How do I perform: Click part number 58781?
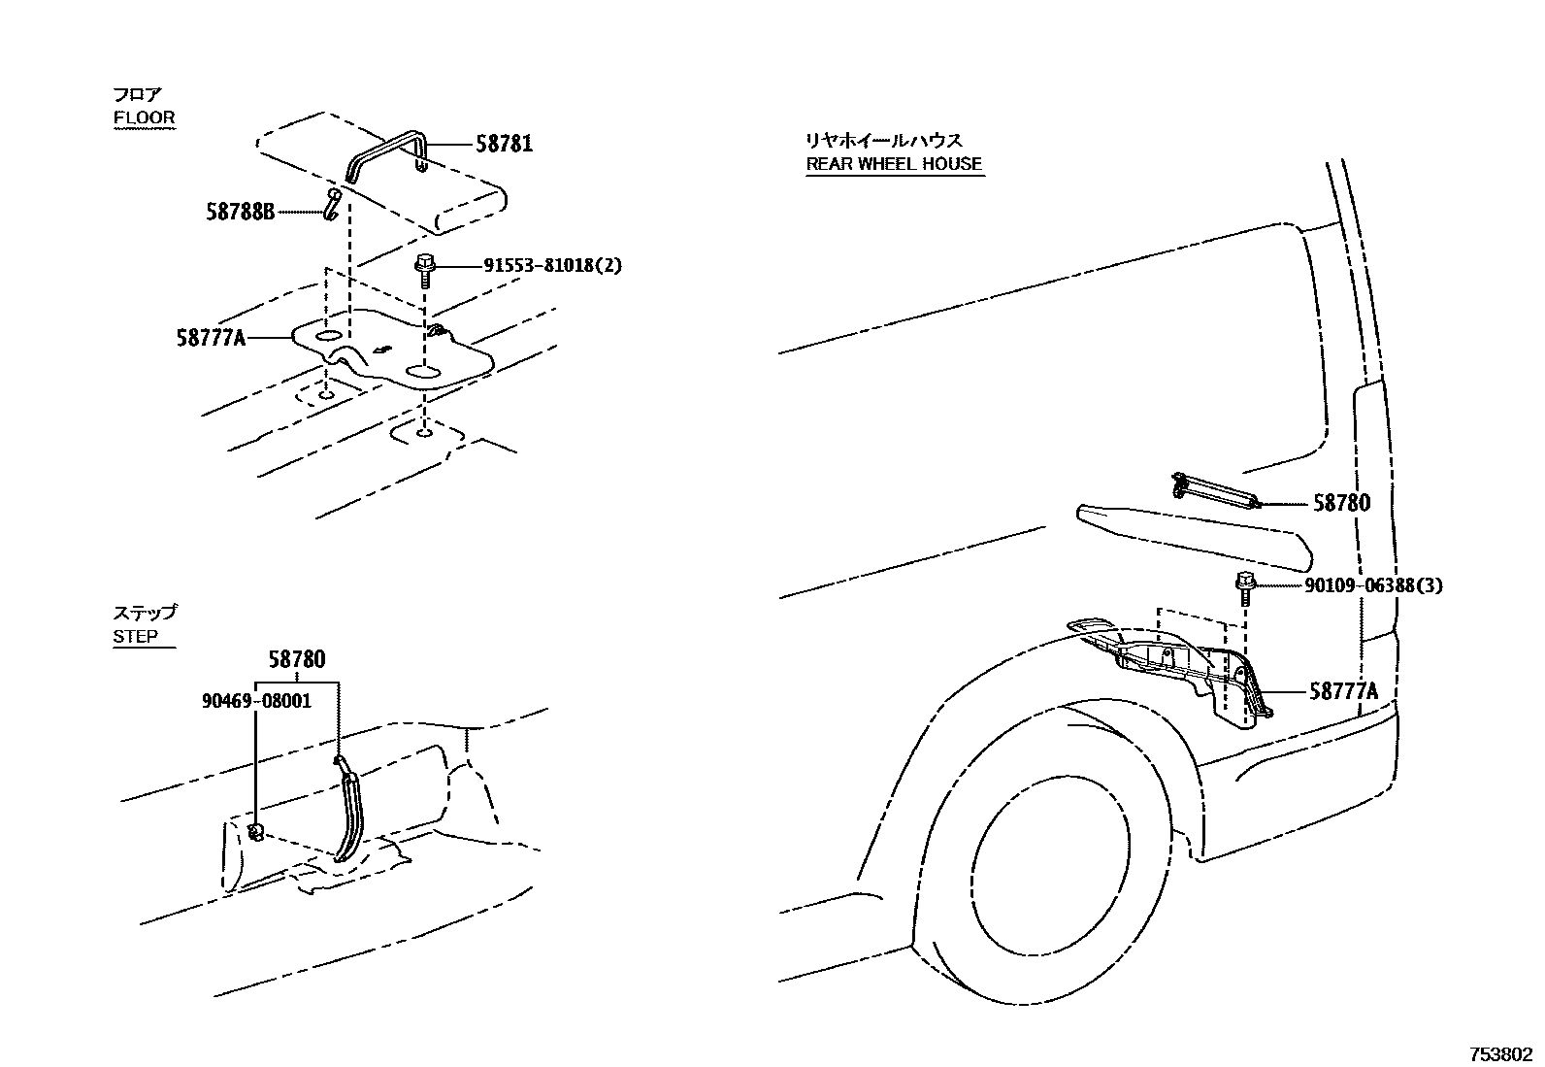[504, 145]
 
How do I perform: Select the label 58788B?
[240, 210]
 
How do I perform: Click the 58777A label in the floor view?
[211, 338]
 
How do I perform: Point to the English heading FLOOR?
[145, 117]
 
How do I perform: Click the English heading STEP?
[136, 636]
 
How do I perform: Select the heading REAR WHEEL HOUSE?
[894, 164]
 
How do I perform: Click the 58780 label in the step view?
[297, 659]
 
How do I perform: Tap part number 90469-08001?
[256, 700]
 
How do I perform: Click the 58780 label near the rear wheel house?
[1342, 503]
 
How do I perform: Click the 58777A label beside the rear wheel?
[1343, 691]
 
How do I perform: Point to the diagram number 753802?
[1499, 1053]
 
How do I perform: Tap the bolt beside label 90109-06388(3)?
[1245, 587]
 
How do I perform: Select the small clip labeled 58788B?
[332, 205]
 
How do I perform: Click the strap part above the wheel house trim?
[1217, 488]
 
